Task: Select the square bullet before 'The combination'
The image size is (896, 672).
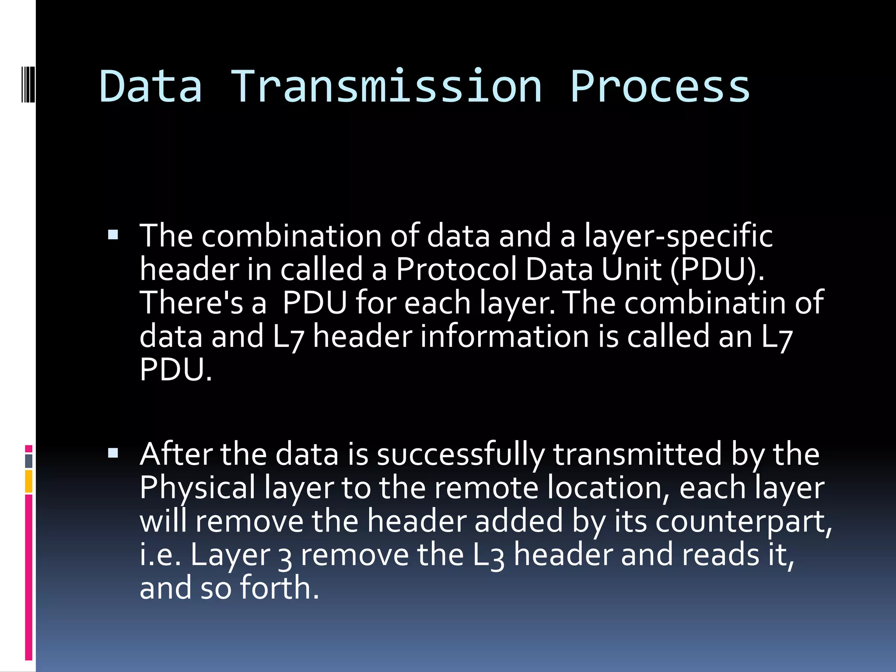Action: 113,235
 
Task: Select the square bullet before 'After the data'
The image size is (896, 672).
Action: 113,453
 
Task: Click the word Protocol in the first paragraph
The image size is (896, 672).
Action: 456,269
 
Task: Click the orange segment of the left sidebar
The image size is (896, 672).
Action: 29,482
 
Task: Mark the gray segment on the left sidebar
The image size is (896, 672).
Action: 29,461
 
